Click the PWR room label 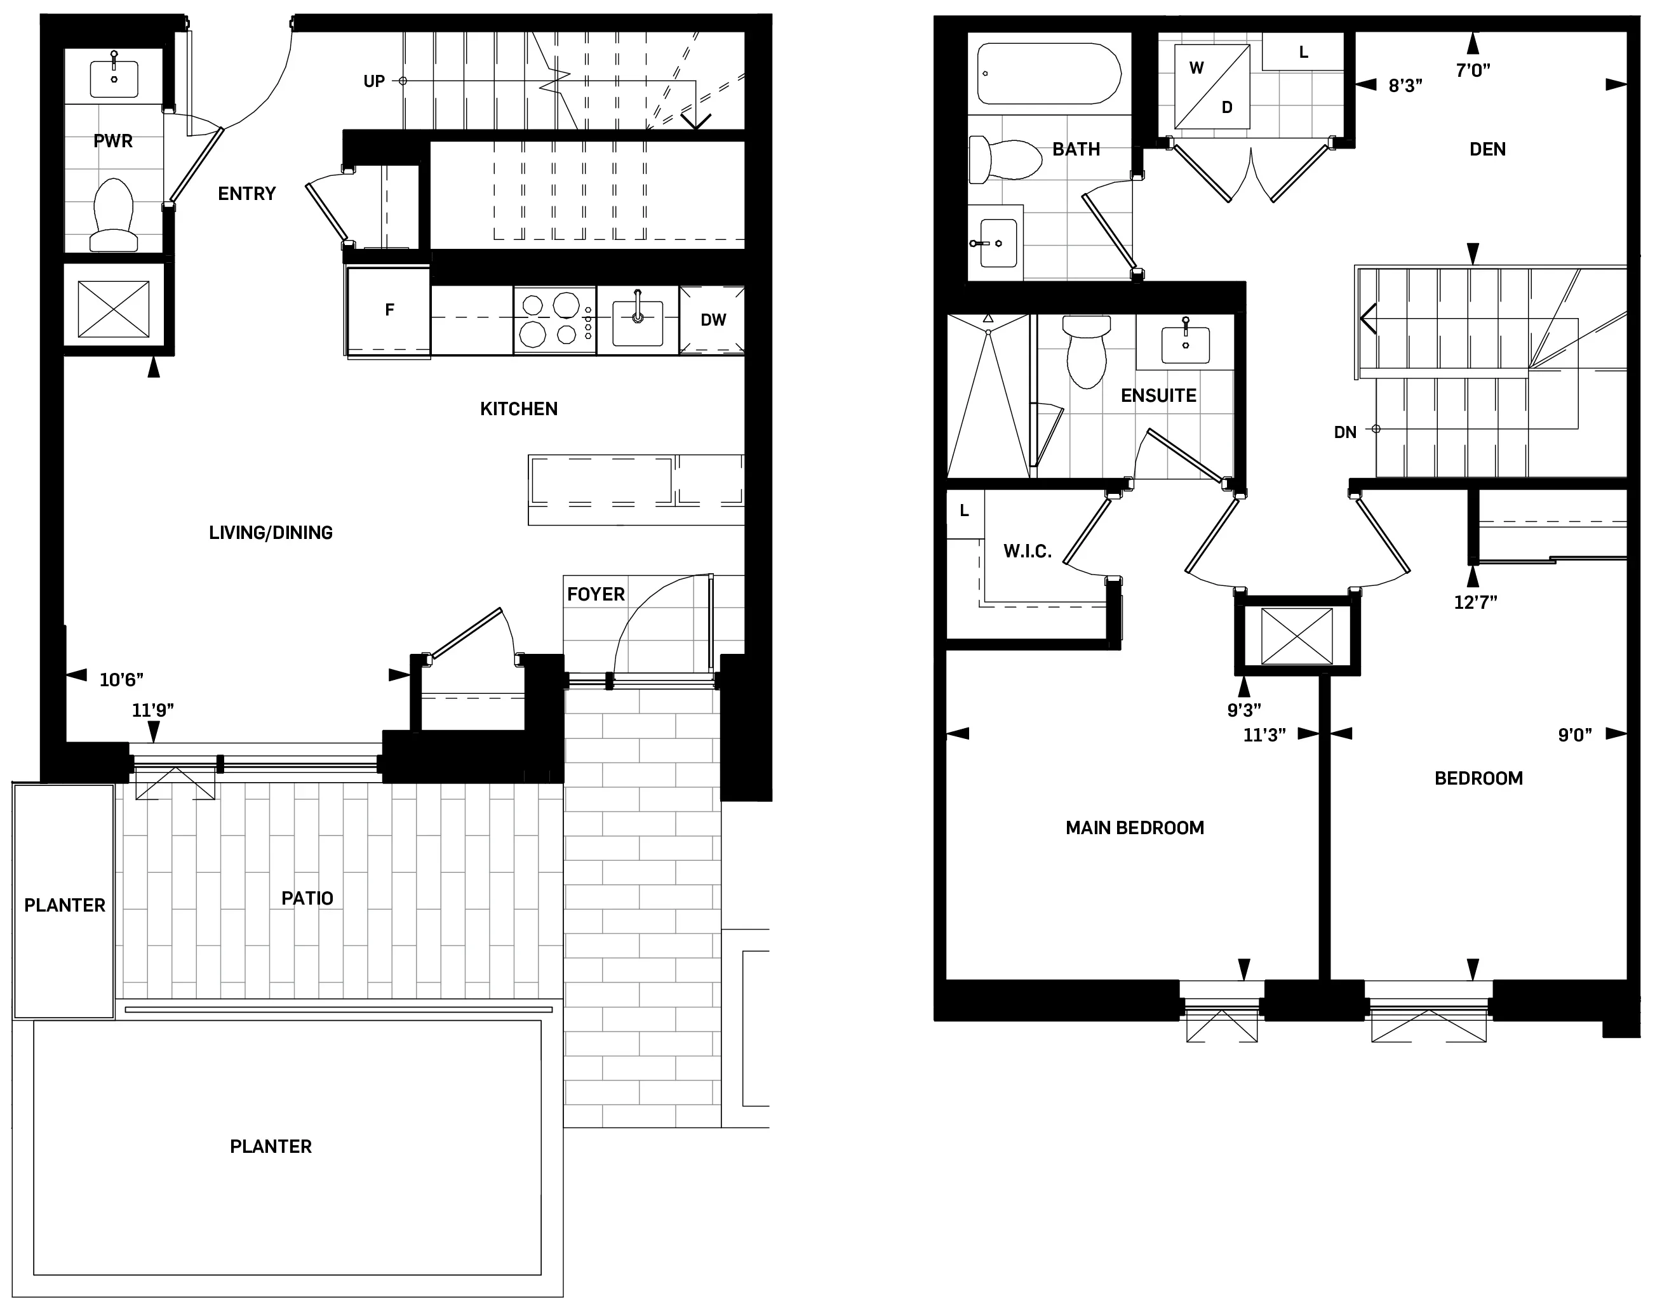(112, 141)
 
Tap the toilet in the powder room (114, 214)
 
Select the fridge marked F (389, 310)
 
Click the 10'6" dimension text (121, 680)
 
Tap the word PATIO (307, 898)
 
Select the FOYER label (596, 595)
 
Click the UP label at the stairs (373, 81)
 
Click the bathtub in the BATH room (1049, 74)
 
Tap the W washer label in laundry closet (1196, 68)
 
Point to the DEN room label (1487, 149)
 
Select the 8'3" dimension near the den (1405, 86)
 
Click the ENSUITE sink (1185, 344)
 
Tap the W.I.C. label (1027, 552)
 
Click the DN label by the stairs (1344, 432)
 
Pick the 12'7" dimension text (1475, 602)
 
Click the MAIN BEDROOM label (1134, 828)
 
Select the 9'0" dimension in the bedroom (1574, 736)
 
